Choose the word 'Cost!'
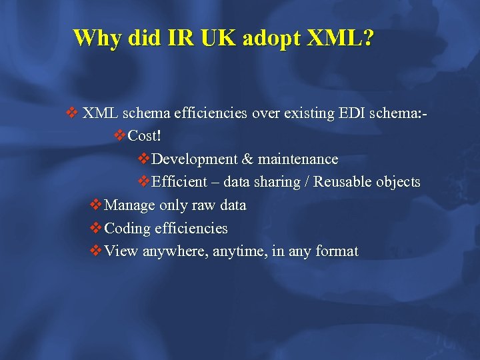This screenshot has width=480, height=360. point(145,136)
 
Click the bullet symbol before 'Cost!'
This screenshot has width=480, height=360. point(120,136)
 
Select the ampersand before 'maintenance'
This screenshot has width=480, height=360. point(247,159)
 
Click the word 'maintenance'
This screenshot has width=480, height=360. point(298,159)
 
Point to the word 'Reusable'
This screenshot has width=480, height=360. point(343,182)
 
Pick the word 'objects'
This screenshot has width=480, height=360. point(398,182)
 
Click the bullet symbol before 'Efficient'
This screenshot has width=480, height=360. point(144,182)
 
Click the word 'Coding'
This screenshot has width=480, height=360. point(128,229)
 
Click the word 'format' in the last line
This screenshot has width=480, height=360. point(337,252)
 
